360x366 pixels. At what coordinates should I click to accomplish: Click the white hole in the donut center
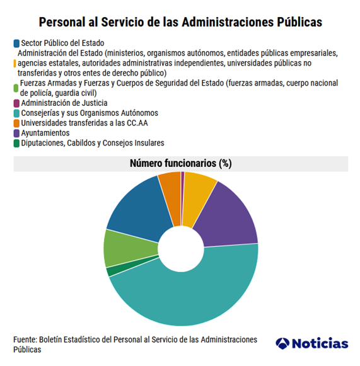pyautogui.click(x=181, y=249)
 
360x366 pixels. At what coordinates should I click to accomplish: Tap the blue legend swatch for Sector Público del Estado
pyautogui.click(x=16, y=43)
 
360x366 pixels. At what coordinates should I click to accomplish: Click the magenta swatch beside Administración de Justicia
pyautogui.click(x=16, y=103)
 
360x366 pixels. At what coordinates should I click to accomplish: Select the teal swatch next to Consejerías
pyautogui.click(x=16, y=113)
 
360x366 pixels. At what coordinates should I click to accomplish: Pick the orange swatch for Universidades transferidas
pyautogui.click(x=16, y=123)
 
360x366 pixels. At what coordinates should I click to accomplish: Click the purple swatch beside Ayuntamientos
pyautogui.click(x=16, y=134)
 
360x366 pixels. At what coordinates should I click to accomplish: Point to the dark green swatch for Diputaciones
pyautogui.click(x=16, y=144)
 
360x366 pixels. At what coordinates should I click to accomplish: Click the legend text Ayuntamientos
pyautogui.click(x=45, y=133)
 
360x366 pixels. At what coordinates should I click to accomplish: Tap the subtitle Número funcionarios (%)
pyautogui.click(x=181, y=163)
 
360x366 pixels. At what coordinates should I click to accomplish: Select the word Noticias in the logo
pyautogui.click(x=320, y=343)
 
